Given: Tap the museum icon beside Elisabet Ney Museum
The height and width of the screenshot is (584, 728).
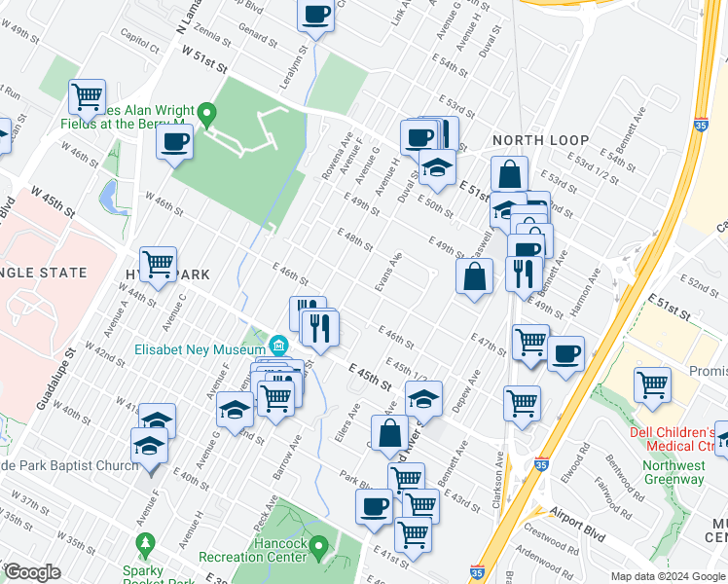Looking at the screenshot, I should coord(279,345).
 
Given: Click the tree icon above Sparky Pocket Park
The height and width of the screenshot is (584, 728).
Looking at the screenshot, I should coord(145,542).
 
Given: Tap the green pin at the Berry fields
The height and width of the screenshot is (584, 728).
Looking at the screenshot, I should coord(205,115).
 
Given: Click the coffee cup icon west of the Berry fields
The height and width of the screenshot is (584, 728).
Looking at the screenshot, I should coord(175,142).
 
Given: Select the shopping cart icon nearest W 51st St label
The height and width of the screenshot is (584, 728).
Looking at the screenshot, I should coord(88,96).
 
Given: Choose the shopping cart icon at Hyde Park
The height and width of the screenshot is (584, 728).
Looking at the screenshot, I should coord(158,263).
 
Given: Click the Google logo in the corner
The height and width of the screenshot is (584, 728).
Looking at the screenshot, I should coord(32,572).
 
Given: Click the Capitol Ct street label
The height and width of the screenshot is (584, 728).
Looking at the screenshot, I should coord(139,45).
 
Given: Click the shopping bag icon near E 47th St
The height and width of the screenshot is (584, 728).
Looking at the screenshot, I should coord(474,276).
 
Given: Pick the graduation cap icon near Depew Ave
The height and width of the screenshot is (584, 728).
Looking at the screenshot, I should coord(423,397).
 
